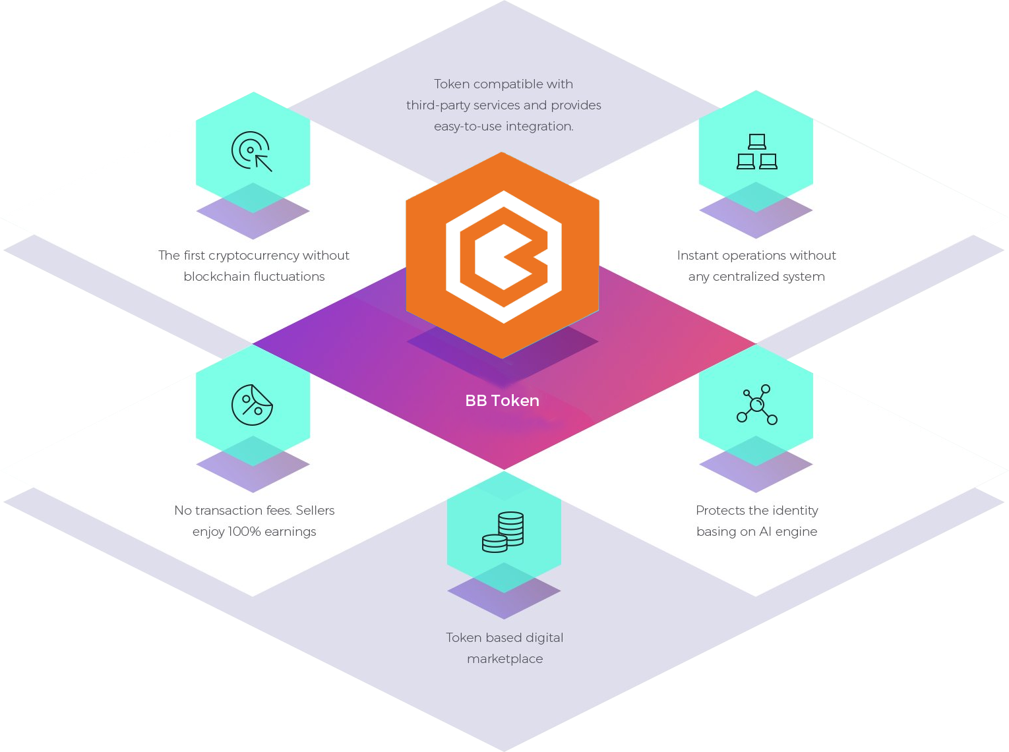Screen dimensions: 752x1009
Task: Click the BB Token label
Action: (x=502, y=401)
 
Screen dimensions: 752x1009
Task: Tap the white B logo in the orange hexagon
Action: (x=504, y=257)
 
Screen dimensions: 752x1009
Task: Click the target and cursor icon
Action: (x=252, y=152)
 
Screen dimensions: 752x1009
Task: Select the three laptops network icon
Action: (x=756, y=152)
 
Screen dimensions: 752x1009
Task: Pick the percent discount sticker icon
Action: (x=252, y=405)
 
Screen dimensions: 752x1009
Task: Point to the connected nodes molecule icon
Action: (x=756, y=404)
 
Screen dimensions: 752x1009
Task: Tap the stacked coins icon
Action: (x=503, y=532)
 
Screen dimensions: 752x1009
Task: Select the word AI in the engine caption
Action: (x=765, y=532)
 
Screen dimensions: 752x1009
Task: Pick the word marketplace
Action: (x=504, y=659)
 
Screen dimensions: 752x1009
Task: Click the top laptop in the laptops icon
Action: (x=756, y=142)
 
